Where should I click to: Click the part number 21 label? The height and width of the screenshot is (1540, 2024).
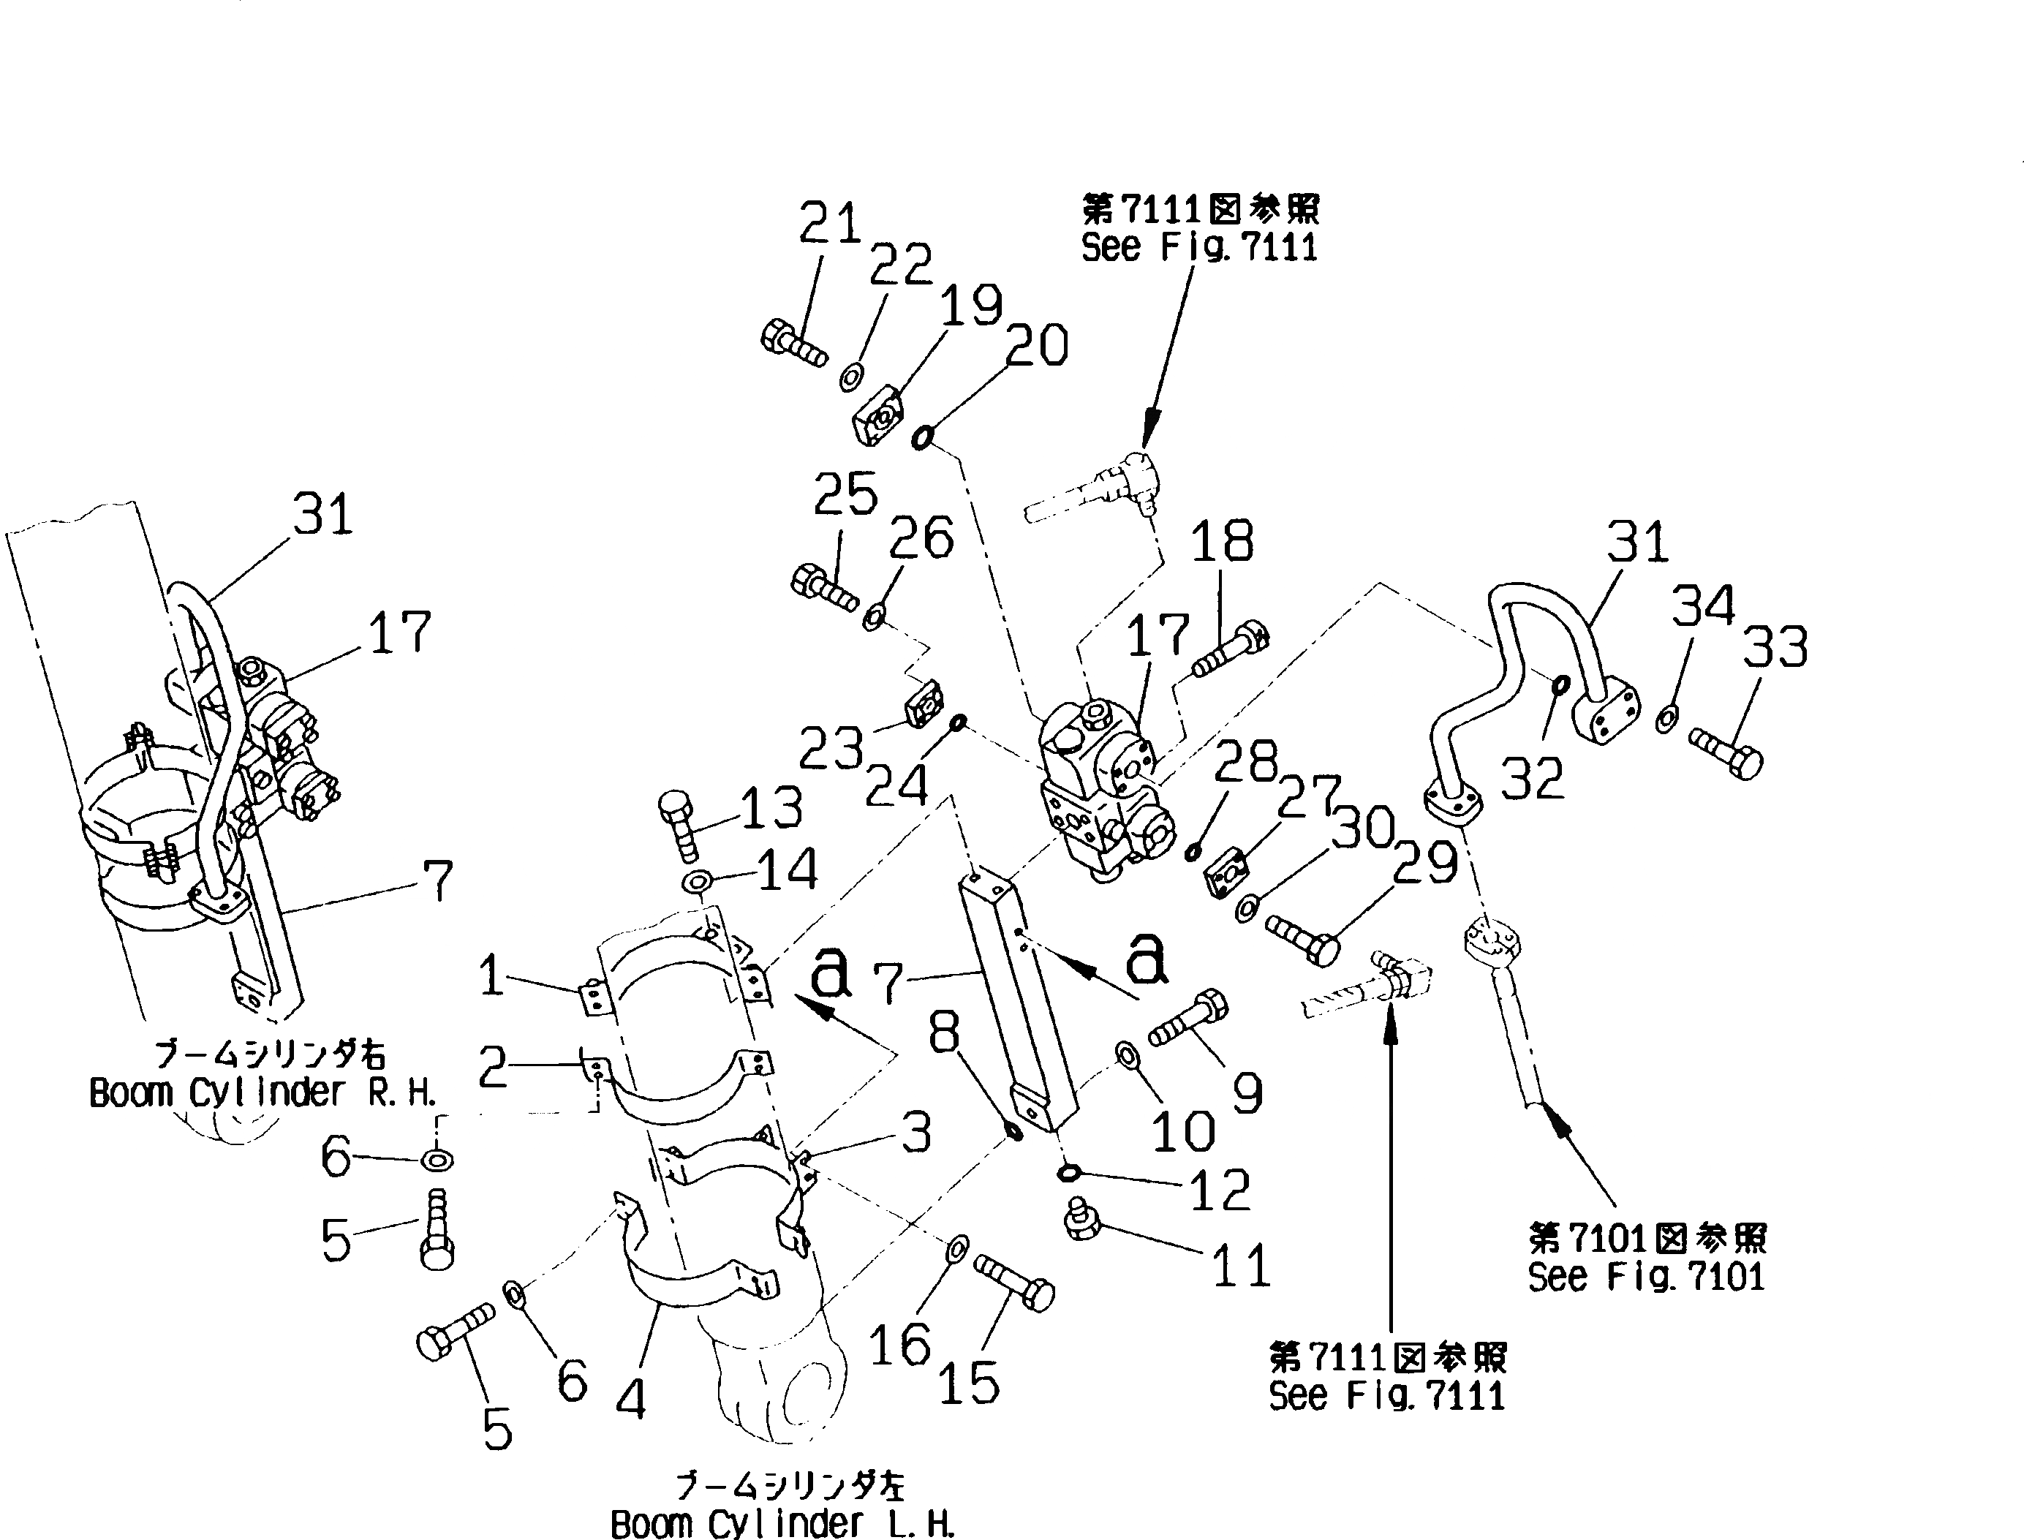click(830, 224)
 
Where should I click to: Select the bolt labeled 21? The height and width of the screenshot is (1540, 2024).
click(792, 343)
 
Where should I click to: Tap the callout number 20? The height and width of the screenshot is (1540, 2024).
click(1038, 347)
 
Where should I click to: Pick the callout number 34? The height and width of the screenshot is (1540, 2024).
click(1703, 606)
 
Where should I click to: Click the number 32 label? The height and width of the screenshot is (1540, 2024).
click(1532, 780)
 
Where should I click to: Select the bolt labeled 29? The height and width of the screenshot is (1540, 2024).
click(1302, 937)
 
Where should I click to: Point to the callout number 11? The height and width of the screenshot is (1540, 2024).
click(1241, 1266)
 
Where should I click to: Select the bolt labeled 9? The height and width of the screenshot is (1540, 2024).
click(1190, 1020)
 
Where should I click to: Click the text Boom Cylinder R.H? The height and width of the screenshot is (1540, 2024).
click(263, 1092)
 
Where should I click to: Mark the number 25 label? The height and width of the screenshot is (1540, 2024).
click(845, 495)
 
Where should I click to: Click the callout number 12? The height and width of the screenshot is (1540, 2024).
click(1219, 1190)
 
